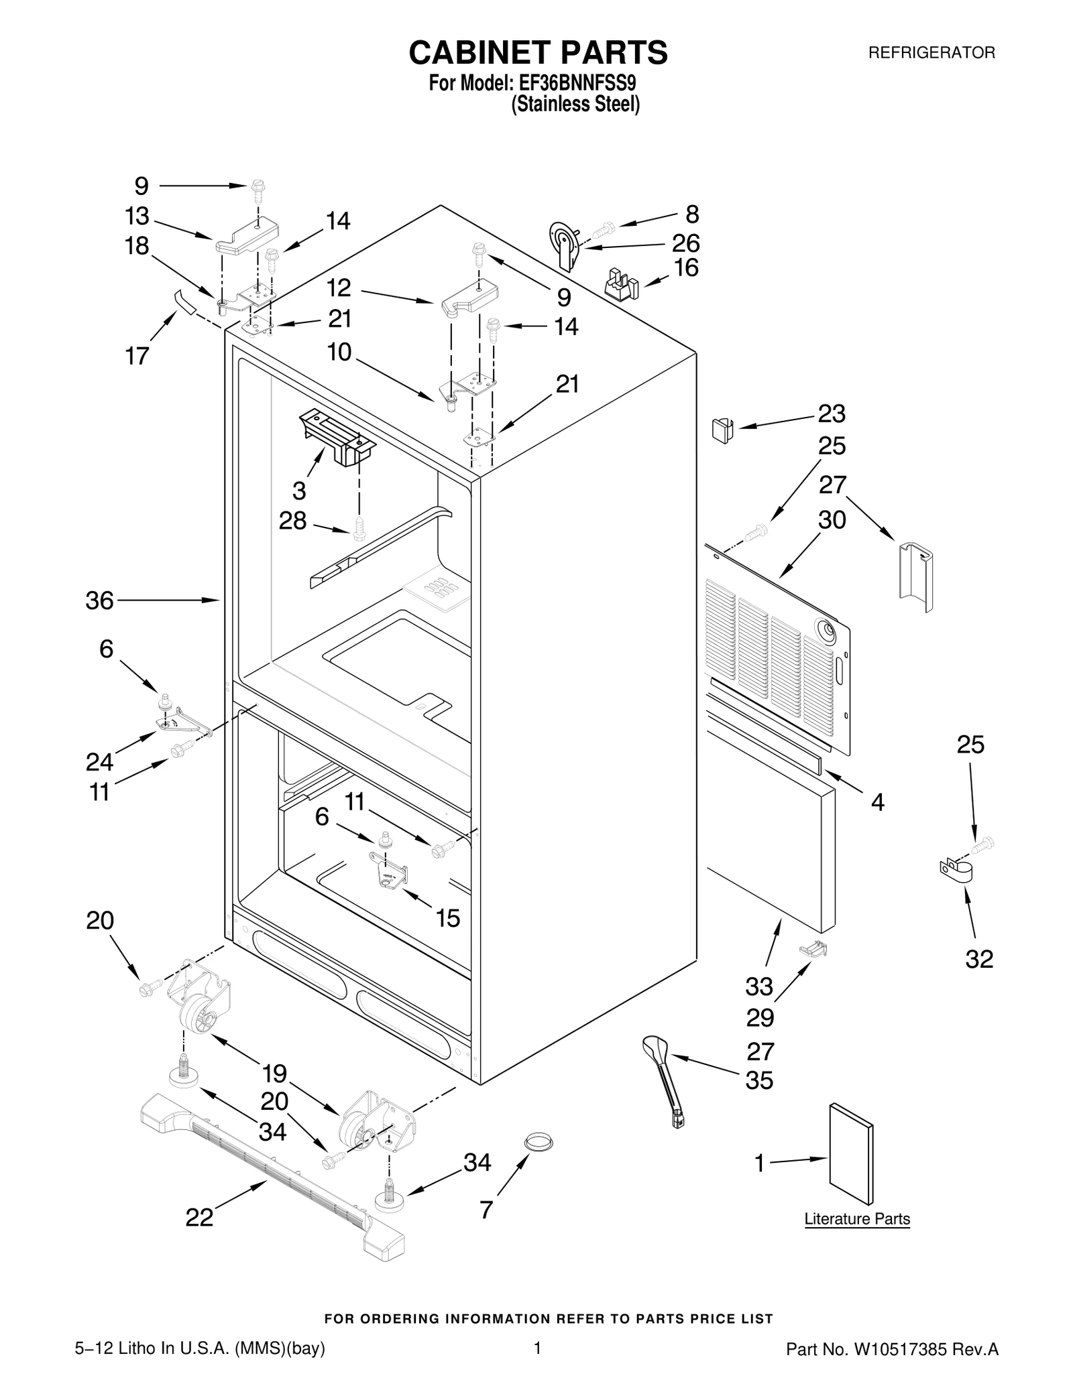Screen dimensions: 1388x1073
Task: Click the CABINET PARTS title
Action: (x=538, y=52)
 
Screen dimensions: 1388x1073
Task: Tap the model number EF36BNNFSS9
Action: (x=575, y=84)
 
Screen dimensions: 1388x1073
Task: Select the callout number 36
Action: (x=99, y=601)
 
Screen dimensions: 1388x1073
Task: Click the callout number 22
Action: (x=199, y=1217)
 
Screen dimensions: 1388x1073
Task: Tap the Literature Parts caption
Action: (x=856, y=1218)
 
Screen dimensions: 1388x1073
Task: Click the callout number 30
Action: (x=832, y=520)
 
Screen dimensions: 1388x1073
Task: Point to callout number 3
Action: (x=299, y=491)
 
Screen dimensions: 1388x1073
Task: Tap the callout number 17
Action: (x=137, y=355)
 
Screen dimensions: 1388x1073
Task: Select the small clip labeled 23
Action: (x=722, y=430)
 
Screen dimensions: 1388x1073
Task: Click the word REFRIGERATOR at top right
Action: (x=931, y=52)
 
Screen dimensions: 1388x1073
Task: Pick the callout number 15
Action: (x=447, y=918)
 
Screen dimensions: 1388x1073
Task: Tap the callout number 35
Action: (x=759, y=1081)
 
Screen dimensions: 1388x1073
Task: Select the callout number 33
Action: (x=759, y=987)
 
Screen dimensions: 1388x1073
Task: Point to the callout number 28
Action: (x=292, y=521)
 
